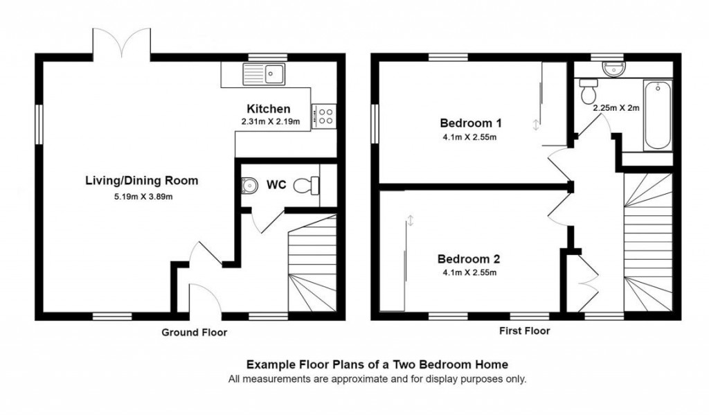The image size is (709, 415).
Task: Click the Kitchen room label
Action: click(269, 109)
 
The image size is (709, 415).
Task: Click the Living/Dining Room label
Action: click(141, 181)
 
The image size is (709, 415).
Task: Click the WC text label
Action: click(276, 186)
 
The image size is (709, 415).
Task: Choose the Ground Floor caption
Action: click(194, 333)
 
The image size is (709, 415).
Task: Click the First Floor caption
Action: click(524, 331)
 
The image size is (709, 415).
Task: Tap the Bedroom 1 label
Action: click(470, 123)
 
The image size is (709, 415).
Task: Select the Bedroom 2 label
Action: click(468, 259)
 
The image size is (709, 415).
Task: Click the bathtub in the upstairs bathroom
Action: click(657, 116)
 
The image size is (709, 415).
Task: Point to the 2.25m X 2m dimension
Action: click(616, 108)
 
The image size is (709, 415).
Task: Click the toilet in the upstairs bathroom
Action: click(589, 89)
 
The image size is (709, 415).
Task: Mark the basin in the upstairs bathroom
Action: click(613, 69)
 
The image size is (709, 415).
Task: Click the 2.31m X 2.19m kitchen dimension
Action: click(270, 122)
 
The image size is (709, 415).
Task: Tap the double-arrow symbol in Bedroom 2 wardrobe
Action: click(410, 220)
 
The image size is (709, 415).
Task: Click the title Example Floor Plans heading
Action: click(377, 364)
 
